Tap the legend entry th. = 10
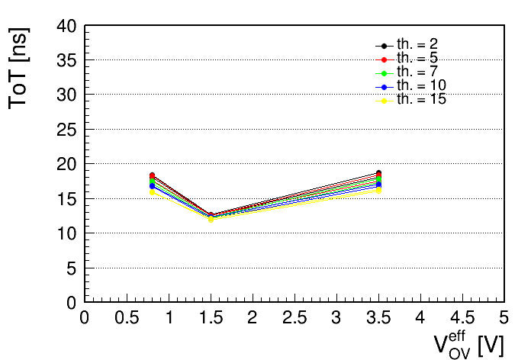[x=410, y=86]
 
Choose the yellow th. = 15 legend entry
[x=410, y=100]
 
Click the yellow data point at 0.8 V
[x=152, y=192]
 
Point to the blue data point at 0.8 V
[x=152, y=186]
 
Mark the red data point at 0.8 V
[x=152, y=175]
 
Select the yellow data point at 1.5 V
[x=211, y=220]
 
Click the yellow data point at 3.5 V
[x=378, y=191]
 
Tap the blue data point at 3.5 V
[x=378, y=185]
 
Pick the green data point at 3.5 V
[x=378, y=179]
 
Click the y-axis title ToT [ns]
[x=19, y=69]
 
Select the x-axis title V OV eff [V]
[x=468, y=345]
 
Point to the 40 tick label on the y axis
[x=66, y=27]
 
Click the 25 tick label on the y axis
[x=66, y=130]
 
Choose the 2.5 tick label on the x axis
[x=294, y=318]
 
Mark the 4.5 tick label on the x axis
[x=462, y=318]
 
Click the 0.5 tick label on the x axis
[x=127, y=318]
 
